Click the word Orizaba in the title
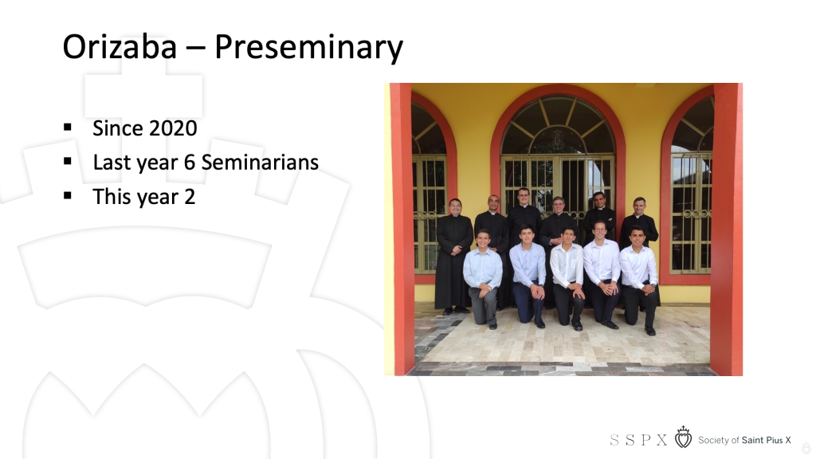pos(120,47)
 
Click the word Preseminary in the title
pos(308,48)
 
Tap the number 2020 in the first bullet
pos(171,128)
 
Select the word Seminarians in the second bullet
pos(260,163)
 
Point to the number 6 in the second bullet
pos(190,163)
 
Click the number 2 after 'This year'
pos(190,197)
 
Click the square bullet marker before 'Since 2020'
pos(68,127)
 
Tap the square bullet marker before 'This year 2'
pos(68,195)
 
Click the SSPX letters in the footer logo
pos(638,440)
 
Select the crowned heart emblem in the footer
pos(683,437)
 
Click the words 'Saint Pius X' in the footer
pos(766,440)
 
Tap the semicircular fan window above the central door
pos(558,125)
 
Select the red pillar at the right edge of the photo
pos(727,229)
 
